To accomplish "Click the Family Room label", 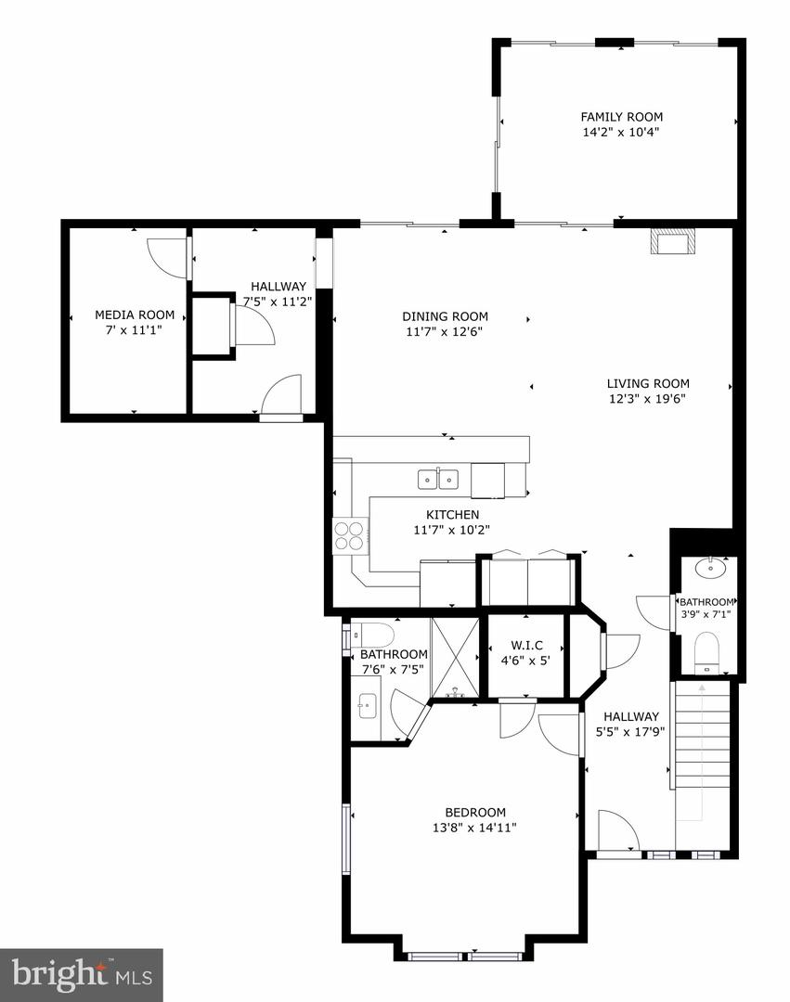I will coord(621,117).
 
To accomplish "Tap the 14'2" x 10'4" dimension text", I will coord(621,133).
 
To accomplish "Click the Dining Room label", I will coord(445,316).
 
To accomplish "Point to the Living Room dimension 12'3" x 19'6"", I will coord(648,400).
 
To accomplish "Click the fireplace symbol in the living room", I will coord(673,241).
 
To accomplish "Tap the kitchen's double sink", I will coord(437,479).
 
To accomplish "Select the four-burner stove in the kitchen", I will coord(350,535).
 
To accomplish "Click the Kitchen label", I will coord(452,515).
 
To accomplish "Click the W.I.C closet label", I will coord(526,646).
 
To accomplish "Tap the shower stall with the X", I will coord(455,657).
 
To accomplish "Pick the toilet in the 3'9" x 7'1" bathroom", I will coord(707,650).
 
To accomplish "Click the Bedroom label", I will coord(474,812).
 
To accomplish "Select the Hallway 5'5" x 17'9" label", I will coord(630,716).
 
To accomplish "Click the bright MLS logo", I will coord(81,974).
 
